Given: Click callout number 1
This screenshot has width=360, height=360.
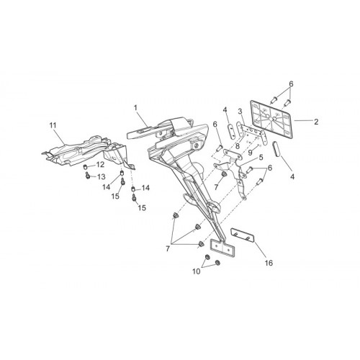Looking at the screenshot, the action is tap(135, 108).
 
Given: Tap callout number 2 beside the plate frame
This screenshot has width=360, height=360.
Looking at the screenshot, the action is tap(316, 122).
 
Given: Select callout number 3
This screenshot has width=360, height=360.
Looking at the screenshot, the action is tap(240, 112).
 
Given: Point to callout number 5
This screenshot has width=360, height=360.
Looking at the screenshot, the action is tap(261, 157).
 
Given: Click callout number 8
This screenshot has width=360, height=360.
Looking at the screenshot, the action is tap(238, 145).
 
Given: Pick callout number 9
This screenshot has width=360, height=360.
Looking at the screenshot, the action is tap(250, 153).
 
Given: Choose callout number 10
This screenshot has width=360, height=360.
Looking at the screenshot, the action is tap(196, 271).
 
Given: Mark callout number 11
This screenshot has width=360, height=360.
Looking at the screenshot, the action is tap(53, 125).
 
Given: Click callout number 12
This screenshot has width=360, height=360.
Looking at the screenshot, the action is tap(100, 164).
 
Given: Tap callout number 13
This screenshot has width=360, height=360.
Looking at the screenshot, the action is tap(101, 177).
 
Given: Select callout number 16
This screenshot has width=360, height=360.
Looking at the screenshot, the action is tap(269, 263).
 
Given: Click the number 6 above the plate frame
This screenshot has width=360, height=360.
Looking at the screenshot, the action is tap(291, 84).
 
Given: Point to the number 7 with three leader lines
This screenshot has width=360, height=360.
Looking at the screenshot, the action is tap(168, 248).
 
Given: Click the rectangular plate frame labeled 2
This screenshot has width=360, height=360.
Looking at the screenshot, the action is tap(271, 120).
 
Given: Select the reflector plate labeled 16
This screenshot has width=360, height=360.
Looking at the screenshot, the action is tap(243, 235).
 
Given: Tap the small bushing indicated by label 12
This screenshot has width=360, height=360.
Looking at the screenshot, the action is tap(85, 167).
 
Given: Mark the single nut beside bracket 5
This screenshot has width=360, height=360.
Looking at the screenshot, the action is tap(224, 174).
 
